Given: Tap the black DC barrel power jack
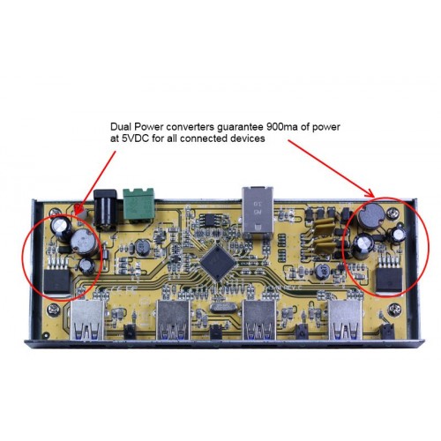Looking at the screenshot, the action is (x=105, y=209).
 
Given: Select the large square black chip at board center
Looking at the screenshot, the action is (x=218, y=262).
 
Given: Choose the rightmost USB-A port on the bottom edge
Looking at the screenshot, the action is (x=345, y=320).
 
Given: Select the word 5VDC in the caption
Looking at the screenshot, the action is (x=134, y=138).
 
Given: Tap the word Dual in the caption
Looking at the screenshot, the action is (x=121, y=127).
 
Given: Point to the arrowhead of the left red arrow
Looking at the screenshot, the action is (x=78, y=211).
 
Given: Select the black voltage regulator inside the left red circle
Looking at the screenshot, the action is (x=57, y=281).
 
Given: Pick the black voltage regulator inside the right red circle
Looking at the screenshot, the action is (x=389, y=280).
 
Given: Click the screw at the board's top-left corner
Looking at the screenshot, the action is (x=54, y=213).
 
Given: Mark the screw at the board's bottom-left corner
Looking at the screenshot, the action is (x=54, y=309).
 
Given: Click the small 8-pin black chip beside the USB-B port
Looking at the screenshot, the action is (x=209, y=220).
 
